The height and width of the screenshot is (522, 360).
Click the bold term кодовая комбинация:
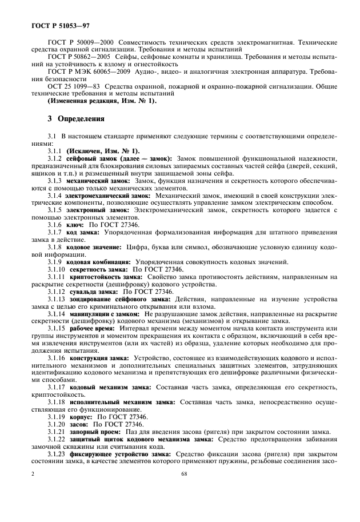click(x=98, y=261)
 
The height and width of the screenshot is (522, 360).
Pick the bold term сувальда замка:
click(x=94, y=290)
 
